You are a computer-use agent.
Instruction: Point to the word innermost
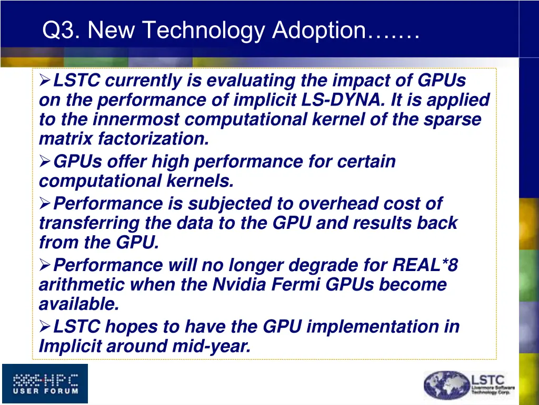point(138,120)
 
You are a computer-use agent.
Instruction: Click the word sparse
point(453,120)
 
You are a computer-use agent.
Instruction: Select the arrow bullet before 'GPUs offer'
point(45,162)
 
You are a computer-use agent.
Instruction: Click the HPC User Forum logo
point(45,383)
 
